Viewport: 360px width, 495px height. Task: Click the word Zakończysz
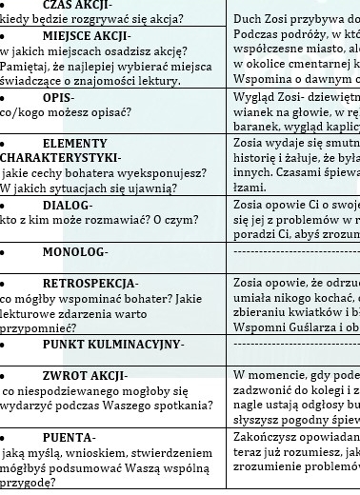point(270,432)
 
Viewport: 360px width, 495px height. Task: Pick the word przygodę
point(29,483)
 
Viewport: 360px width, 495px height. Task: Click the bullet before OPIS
point(5,97)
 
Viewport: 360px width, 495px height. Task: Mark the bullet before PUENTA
point(5,437)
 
